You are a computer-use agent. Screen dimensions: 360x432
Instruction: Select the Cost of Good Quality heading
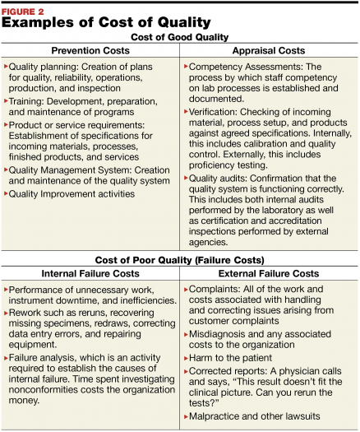coord(179,37)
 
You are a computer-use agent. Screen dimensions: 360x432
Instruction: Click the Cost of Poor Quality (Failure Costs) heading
coord(179,259)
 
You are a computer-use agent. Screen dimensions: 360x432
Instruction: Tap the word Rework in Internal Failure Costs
coord(25,314)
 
